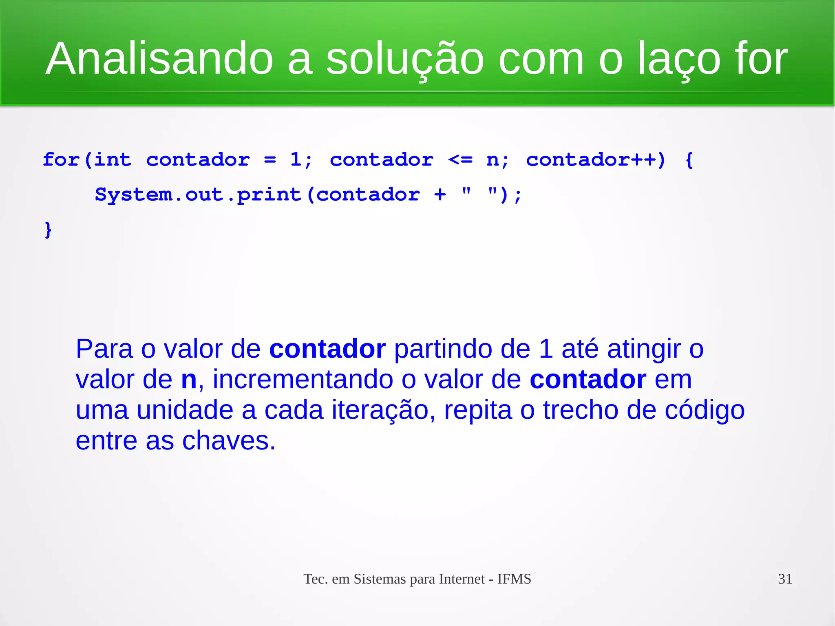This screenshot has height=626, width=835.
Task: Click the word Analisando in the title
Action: pos(159,59)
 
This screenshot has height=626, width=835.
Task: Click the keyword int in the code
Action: pos(113,159)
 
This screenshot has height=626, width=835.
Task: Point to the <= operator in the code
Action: pos(460,159)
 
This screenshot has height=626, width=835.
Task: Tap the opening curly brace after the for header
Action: pos(689,159)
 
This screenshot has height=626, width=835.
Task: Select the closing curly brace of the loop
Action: pos(48,230)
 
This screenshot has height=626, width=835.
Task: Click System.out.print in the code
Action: pos(198,195)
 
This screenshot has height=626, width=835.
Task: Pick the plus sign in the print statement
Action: pos(440,195)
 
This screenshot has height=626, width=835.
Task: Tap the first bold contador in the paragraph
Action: pos(327,349)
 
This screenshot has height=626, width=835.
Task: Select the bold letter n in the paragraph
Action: pos(189,380)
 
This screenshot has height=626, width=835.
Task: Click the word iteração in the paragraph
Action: pos(380,410)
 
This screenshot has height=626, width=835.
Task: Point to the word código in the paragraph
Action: pos(705,410)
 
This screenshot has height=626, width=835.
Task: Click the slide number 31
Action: pos(785,579)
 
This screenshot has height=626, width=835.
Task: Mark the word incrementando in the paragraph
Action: pos(303,380)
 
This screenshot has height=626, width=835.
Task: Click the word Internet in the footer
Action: pos(462,579)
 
